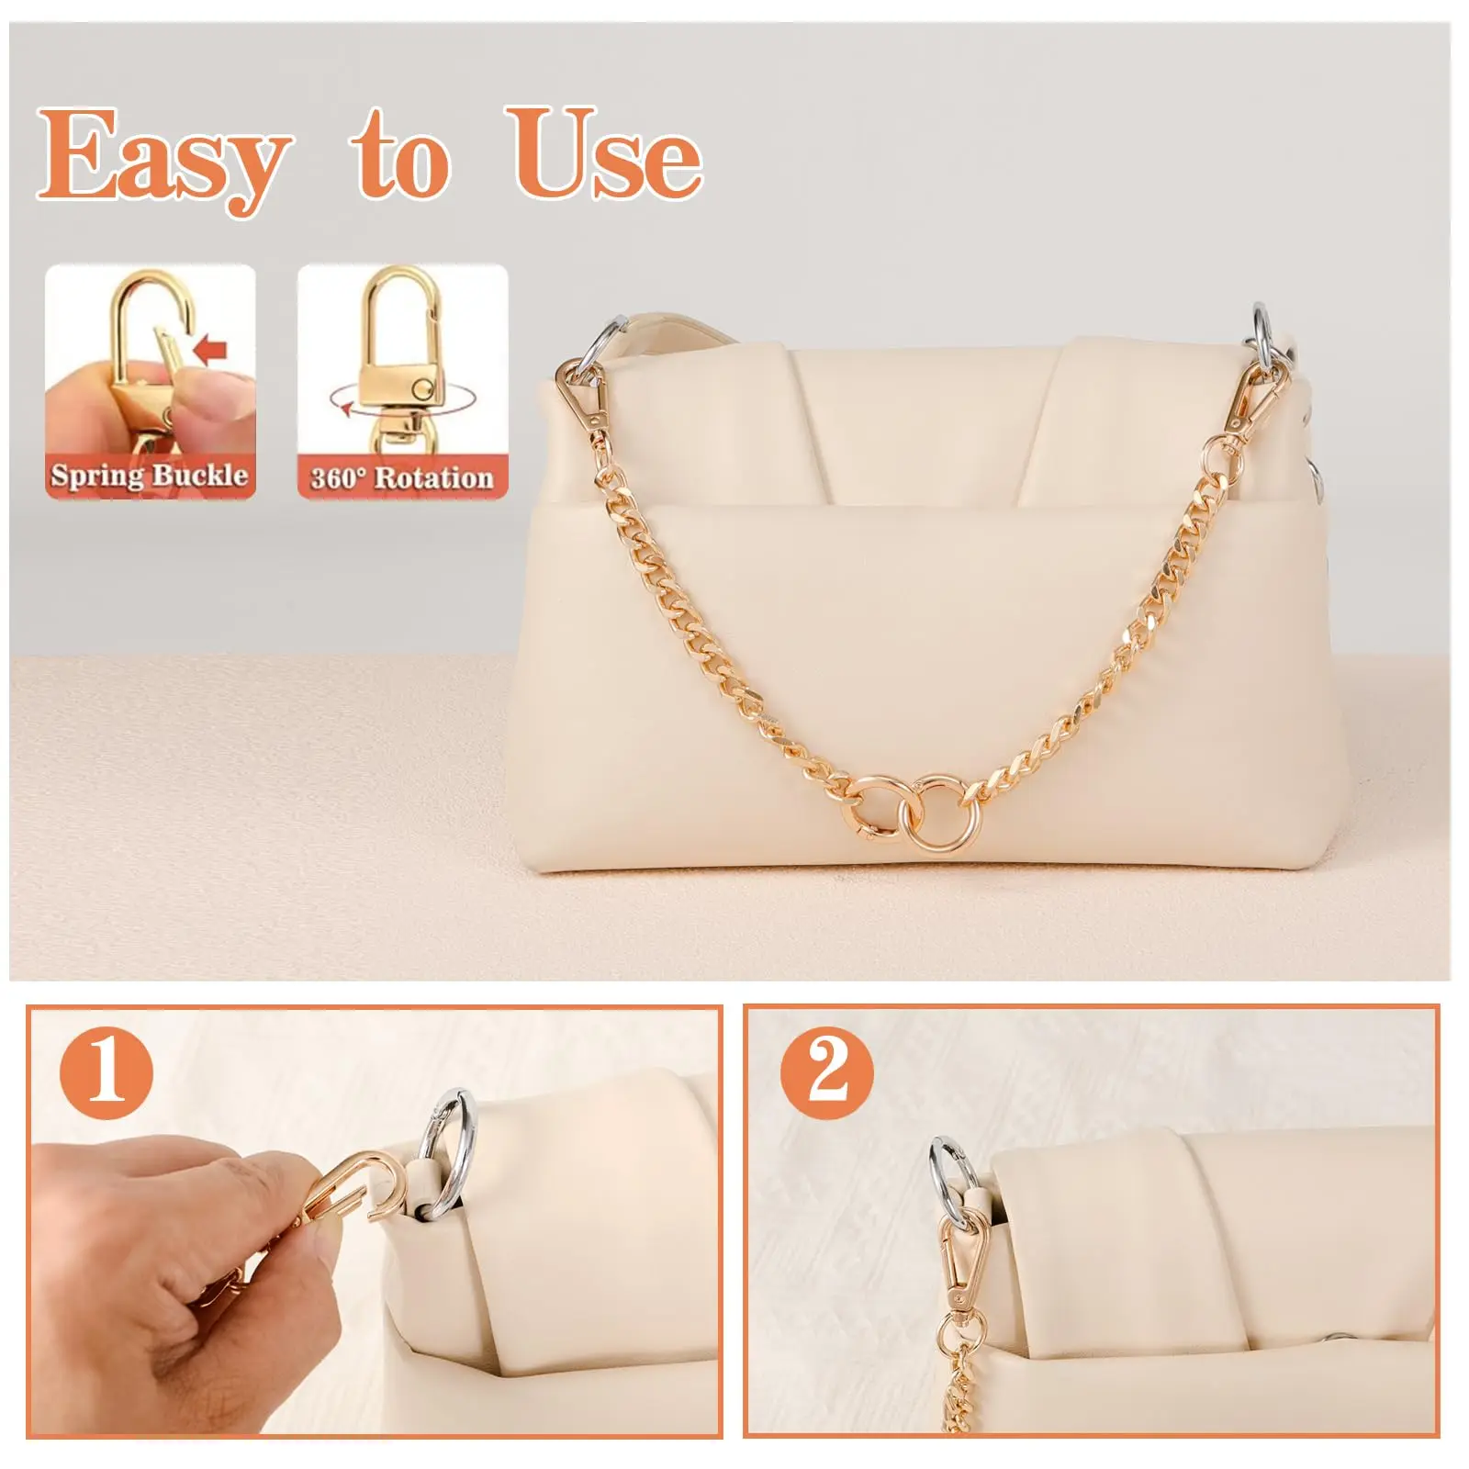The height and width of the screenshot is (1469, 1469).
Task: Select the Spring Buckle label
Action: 150,476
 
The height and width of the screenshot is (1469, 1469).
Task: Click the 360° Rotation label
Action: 402,477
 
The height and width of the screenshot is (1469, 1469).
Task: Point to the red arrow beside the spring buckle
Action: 212,350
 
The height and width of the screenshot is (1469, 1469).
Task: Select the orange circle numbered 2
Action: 827,1071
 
